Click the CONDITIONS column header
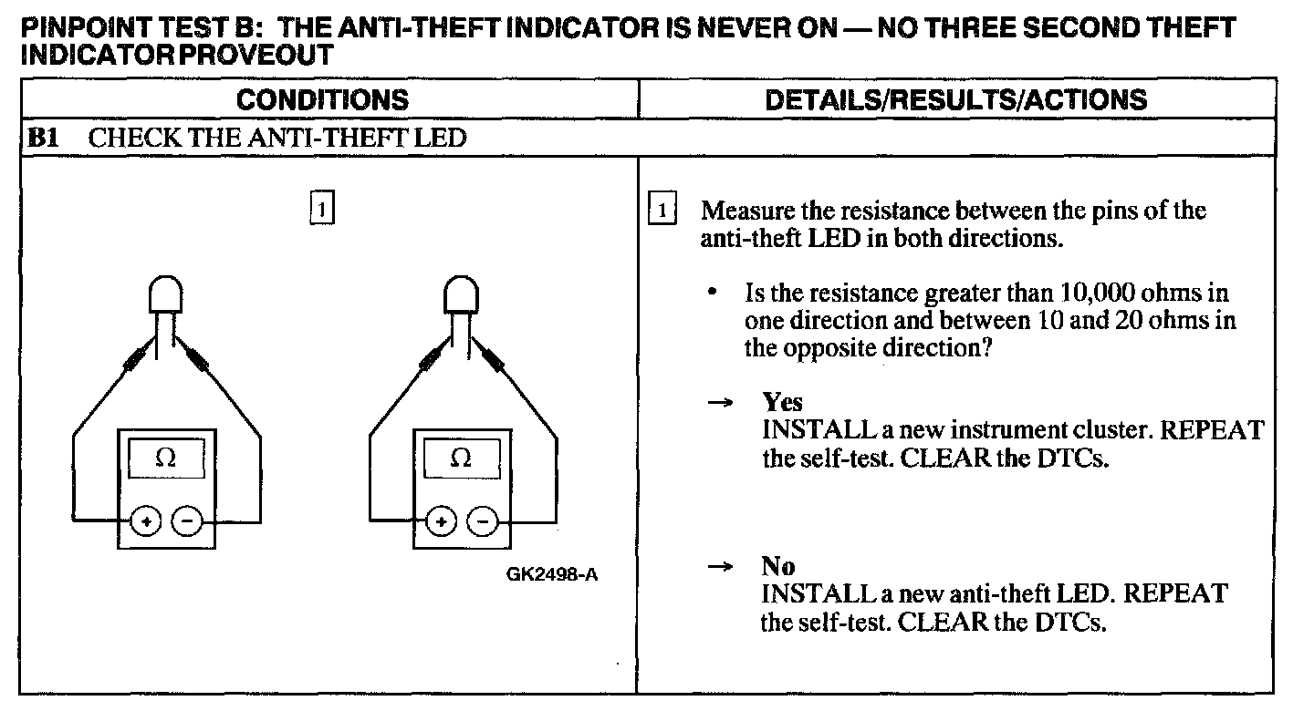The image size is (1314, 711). click(x=329, y=99)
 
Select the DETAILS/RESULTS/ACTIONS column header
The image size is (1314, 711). click(x=955, y=99)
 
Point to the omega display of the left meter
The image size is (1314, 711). click(x=166, y=459)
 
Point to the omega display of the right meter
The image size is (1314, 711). click(x=461, y=459)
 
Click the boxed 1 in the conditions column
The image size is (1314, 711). click(x=322, y=209)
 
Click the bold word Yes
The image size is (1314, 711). click(x=782, y=403)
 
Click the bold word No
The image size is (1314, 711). click(x=778, y=567)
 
